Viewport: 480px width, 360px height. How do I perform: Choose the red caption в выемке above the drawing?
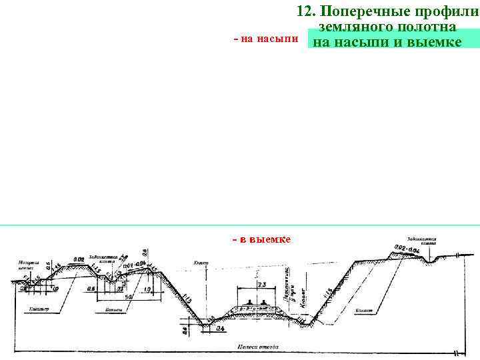(x=261, y=239)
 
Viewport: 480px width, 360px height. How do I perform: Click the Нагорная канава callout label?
(x=29, y=265)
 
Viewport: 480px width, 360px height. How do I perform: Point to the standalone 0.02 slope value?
(x=79, y=259)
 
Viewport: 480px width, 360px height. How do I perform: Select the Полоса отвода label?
(x=253, y=347)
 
